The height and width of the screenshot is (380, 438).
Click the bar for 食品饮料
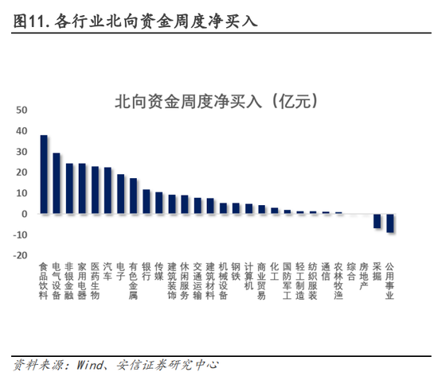click(44, 175)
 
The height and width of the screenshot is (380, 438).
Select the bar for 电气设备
click(57, 184)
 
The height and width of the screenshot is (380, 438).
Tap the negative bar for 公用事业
click(390, 223)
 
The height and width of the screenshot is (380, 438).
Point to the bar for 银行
click(147, 202)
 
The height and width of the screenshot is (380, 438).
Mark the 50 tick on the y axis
click(22, 110)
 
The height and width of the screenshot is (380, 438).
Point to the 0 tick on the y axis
click(25, 214)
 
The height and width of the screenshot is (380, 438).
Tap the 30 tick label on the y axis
click(22, 151)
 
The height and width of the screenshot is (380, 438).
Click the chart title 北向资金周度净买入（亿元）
click(217, 102)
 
